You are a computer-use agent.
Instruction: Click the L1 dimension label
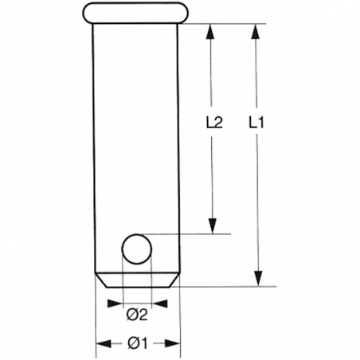[x=256, y=123]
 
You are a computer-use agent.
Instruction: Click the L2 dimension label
[x=213, y=123]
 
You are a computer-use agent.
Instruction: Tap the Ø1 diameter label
[x=137, y=343]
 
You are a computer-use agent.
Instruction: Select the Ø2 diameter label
[x=137, y=314]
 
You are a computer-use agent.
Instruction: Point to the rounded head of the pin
[x=136, y=13]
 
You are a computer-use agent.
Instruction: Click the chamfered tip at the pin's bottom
[x=136, y=281]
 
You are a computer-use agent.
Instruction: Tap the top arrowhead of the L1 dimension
[x=256, y=30]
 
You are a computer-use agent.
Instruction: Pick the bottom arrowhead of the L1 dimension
[x=256, y=278]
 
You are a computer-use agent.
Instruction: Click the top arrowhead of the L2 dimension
[x=213, y=30]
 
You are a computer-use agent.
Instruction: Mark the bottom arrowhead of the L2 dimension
[x=213, y=227]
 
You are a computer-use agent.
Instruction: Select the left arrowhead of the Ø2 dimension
[x=112, y=303]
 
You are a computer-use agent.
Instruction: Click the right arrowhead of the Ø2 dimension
[x=161, y=303]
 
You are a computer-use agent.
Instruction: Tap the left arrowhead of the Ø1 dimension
[x=103, y=343]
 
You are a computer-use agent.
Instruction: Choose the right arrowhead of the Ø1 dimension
[x=171, y=343]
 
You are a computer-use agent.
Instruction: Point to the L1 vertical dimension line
[x=256, y=199]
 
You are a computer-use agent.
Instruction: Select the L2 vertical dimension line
[x=213, y=175]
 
